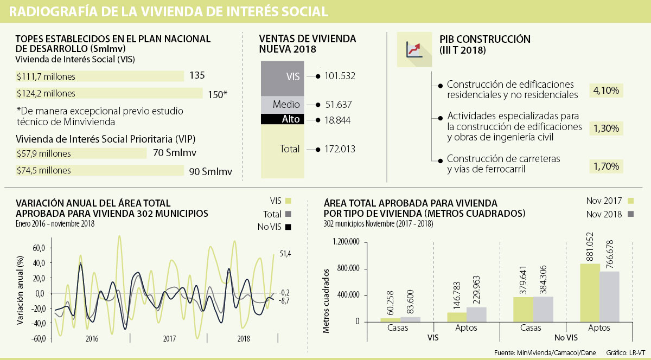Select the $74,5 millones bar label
[43, 170]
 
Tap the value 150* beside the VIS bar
[218, 94]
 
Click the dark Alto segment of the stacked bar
[282, 119]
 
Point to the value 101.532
[340, 76]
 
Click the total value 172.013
[340, 149]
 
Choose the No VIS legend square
[289, 227]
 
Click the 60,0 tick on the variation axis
[39, 248]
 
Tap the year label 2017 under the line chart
[169, 338]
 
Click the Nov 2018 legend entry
[604, 214]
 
